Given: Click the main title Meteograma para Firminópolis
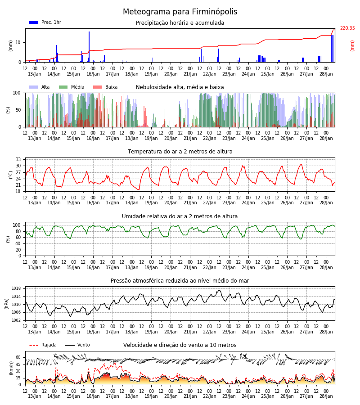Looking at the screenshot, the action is tap(180, 12).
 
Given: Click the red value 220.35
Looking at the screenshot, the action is tap(347, 28).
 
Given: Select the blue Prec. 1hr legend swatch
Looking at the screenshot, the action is tap(34, 22).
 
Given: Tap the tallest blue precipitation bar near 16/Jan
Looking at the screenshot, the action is tap(89, 47).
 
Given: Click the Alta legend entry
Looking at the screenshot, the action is tap(39, 87).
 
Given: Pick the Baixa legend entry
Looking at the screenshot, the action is tap(105, 87).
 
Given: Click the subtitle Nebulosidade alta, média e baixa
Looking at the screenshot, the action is tap(180, 87).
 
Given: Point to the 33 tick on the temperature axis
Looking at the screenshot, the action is tap(18, 159).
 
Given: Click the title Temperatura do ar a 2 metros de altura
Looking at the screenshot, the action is tap(180, 152).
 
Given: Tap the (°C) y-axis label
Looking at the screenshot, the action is tap(11, 175).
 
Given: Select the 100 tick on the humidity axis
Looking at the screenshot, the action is tap(17, 225).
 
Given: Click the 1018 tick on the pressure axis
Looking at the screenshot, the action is tap(16, 288).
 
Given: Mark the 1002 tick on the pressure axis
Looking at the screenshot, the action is tap(16, 320).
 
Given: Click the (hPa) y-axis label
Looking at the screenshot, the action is tap(7, 304).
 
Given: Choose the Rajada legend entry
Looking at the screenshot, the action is tap(43, 345).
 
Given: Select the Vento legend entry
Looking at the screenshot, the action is tap(77, 345).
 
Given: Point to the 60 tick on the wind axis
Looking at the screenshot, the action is tap(18, 357).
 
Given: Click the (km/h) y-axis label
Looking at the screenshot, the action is tap(11, 368).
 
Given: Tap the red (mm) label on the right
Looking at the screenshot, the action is tap(352, 46).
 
